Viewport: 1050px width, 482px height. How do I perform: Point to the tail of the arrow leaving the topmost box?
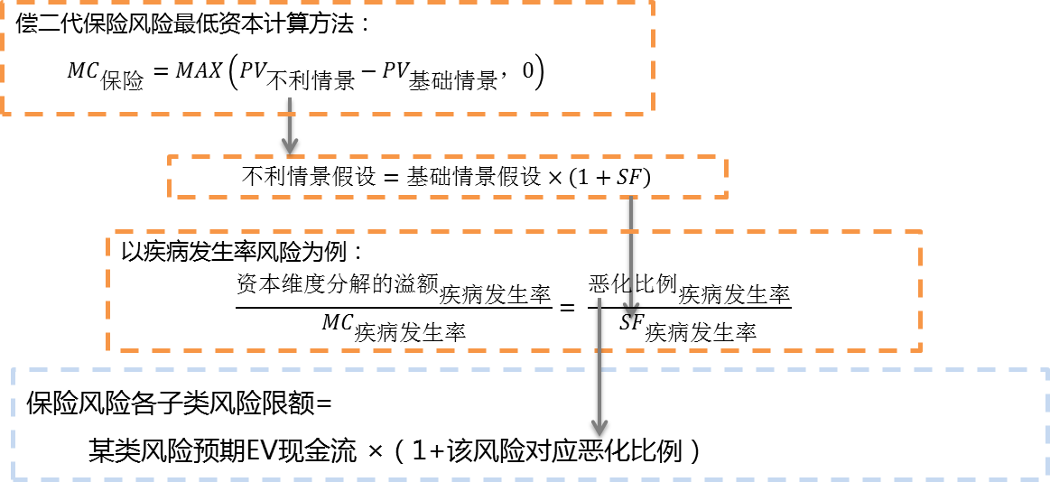pyautogui.click(x=289, y=97)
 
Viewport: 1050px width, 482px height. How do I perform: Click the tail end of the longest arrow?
pyautogui.click(x=599, y=298)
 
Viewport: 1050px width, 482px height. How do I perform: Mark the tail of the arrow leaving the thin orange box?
pyautogui.click(x=631, y=198)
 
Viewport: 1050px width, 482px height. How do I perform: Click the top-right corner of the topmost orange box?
pyautogui.click(x=653, y=3)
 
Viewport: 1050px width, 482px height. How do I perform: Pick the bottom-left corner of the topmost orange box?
pyautogui.click(x=3, y=114)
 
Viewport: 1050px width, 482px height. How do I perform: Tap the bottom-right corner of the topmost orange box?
pyautogui.click(x=653, y=114)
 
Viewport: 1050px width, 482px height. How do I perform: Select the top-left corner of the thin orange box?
pyautogui.click(x=169, y=157)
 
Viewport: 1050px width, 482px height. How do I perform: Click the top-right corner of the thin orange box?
pyautogui.click(x=726, y=157)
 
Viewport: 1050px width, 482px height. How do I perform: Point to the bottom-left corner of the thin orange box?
pyautogui.click(x=169, y=196)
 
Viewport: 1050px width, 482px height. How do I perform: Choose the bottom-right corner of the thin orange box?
pyautogui.click(x=726, y=196)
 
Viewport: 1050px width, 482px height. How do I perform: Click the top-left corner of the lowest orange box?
pyautogui.click(x=107, y=232)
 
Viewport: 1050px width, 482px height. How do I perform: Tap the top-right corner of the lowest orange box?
pyautogui.click(x=920, y=232)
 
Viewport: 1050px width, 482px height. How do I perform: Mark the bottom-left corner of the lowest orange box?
pyautogui.click(x=107, y=350)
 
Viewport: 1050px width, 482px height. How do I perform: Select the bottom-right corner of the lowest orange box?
pyautogui.click(x=920, y=350)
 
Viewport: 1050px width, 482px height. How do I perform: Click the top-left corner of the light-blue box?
pyautogui.click(x=13, y=369)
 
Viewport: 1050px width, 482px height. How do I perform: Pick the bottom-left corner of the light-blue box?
pyautogui.click(x=13, y=479)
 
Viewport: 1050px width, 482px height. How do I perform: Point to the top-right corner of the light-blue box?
pyautogui.click(x=1047, y=369)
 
